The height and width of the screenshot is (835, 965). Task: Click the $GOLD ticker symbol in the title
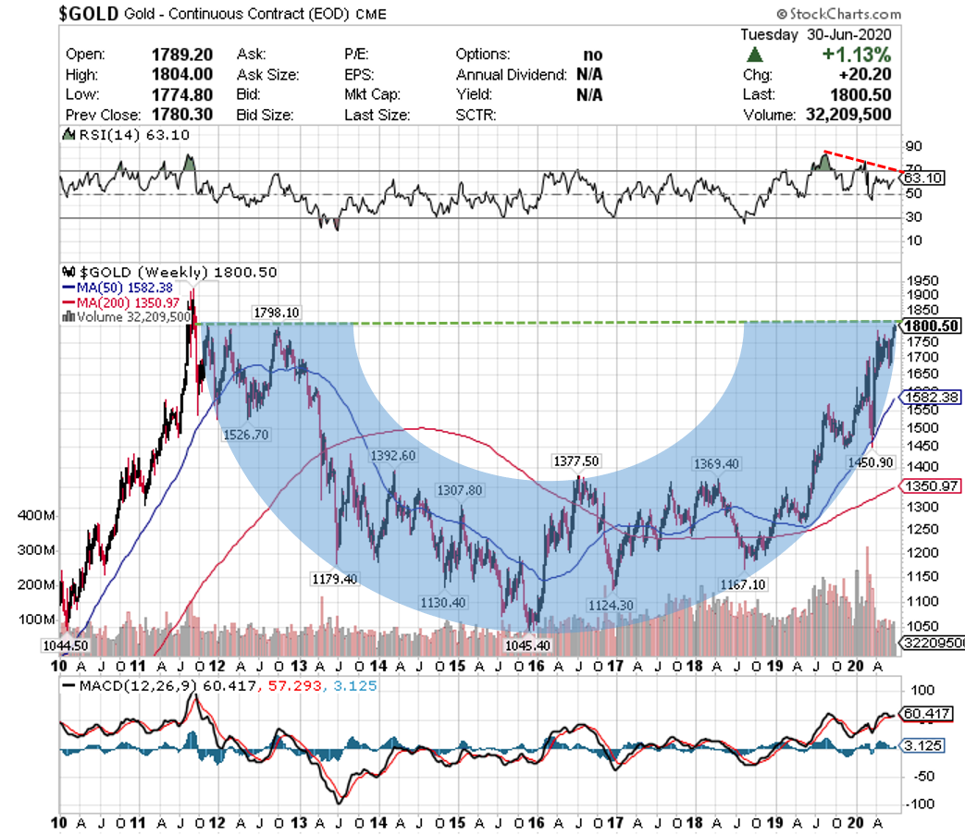[x=90, y=15]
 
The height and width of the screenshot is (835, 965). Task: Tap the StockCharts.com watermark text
[x=839, y=14]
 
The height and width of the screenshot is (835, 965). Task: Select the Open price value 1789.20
[x=182, y=54]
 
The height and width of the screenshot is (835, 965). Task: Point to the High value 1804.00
[x=182, y=74]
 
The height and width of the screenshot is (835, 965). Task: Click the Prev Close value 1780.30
[x=182, y=115]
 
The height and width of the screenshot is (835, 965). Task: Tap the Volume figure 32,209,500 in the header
[x=847, y=115]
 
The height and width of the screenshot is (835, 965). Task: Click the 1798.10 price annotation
[x=276, y=313]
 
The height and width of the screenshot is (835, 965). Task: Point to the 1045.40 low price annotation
[x=528, y=645]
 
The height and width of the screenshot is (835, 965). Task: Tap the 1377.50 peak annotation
[x=576, y=461]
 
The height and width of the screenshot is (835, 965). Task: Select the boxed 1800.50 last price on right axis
[x=932, y=325]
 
